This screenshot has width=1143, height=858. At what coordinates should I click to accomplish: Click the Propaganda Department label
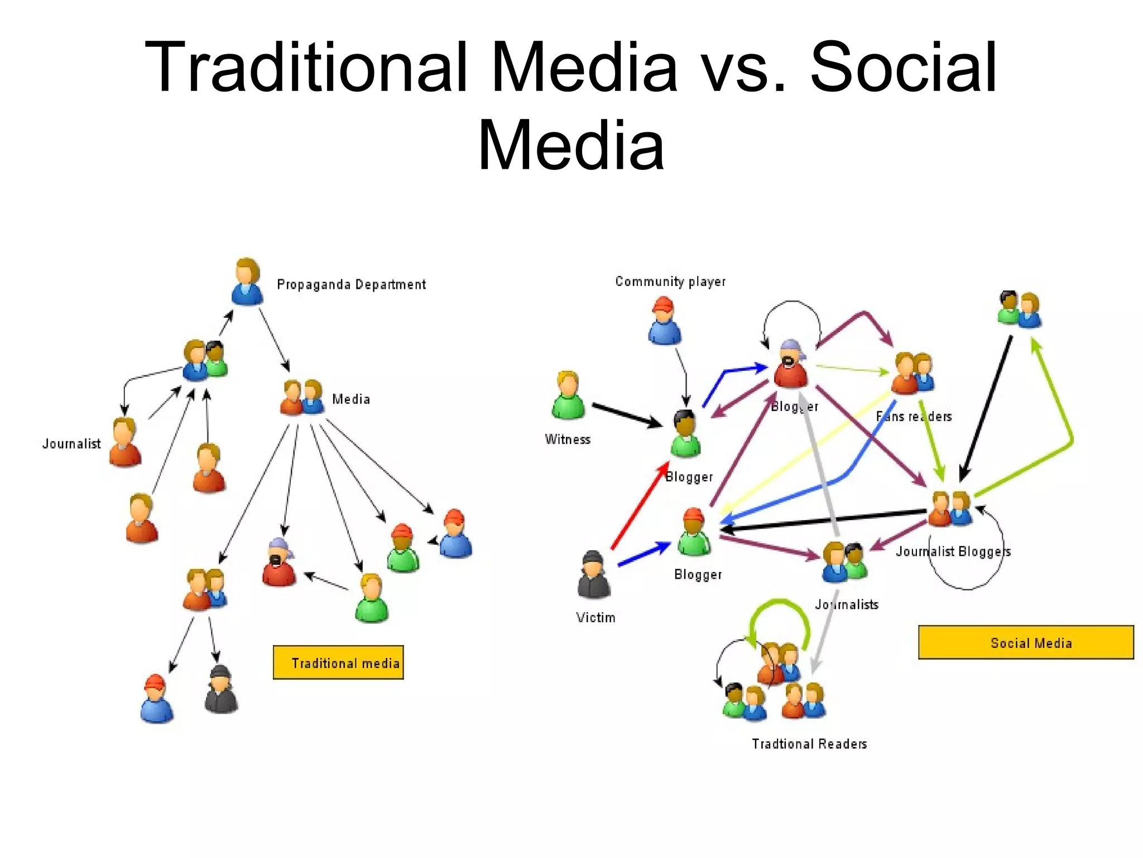351,284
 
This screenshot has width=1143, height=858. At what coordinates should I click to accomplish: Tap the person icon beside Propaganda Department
247,282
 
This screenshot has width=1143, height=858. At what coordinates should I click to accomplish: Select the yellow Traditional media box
338,662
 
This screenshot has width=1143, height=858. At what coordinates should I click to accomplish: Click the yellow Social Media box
1026,642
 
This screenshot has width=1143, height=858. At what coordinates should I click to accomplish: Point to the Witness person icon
568,395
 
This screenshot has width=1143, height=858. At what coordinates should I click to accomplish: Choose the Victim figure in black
593,575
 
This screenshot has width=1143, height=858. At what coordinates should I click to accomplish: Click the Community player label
670,282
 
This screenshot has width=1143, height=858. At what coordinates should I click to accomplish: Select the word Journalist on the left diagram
71,444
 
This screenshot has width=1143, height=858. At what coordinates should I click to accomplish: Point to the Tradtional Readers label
809,743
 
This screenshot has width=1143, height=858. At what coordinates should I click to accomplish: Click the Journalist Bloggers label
953,551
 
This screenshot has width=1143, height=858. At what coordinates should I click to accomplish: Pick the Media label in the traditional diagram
351,399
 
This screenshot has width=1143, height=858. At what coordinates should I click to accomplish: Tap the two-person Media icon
302,398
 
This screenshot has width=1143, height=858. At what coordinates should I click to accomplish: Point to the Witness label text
568,439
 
